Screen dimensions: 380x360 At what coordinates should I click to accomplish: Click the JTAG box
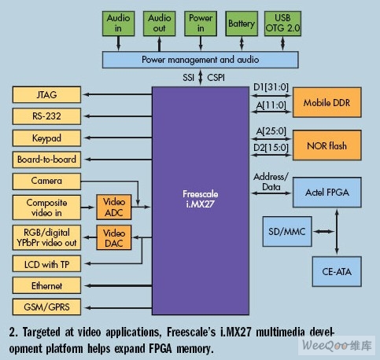46,94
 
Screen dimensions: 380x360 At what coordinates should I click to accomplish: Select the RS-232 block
46,116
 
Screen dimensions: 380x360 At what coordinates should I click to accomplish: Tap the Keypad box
46,138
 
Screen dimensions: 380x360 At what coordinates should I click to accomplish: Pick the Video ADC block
114,207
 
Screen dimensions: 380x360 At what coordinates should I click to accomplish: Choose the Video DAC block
114,237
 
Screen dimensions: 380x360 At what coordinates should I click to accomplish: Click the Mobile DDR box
327,102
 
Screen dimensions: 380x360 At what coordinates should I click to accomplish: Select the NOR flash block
327,145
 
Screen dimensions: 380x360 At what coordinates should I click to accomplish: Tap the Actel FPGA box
327,193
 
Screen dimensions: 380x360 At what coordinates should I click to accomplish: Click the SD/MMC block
287,231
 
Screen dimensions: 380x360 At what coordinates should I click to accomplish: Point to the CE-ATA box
337,271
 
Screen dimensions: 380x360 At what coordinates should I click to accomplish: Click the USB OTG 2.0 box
282,24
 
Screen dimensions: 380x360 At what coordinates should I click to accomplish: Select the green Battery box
242,24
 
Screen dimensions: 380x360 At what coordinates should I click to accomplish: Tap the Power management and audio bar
201,60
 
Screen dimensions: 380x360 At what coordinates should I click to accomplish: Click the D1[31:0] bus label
271,87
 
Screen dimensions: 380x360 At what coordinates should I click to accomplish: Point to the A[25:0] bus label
271,131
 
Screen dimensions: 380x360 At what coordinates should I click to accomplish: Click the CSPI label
216,78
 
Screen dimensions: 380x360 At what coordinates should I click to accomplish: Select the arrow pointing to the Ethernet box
118,285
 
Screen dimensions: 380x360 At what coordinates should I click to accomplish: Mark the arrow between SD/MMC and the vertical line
324,231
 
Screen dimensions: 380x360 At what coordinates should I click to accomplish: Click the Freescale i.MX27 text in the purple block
201,199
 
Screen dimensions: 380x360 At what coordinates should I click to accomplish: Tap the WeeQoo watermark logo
337,345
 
